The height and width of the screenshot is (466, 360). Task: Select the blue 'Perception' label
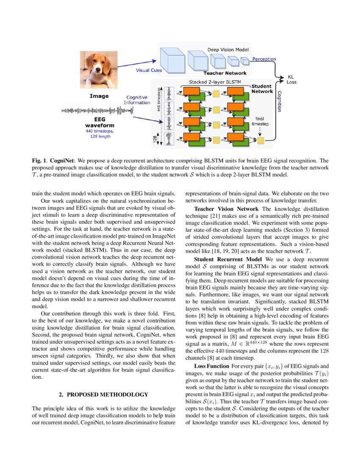coord(264,59)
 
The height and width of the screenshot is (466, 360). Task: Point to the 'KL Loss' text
coord(291,79)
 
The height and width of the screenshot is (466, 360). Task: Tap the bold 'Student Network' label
coord(262,89)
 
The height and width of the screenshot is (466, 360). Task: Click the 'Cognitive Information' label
coord(137,100)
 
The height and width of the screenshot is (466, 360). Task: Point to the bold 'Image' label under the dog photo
coord(99,96)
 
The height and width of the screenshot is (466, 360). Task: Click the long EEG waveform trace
coord(98,111)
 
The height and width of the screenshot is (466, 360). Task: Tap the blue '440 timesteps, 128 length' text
coord(100,134)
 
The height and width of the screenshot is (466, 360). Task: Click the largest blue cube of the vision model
coord(172,60)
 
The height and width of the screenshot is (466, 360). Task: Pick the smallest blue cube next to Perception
coord(245,61)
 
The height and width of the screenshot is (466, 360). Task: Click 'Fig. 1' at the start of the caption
coord(39,161)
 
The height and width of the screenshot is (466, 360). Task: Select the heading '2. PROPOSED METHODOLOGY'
coord(103,394)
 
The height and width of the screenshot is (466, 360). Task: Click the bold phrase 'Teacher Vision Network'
coord(227,209)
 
